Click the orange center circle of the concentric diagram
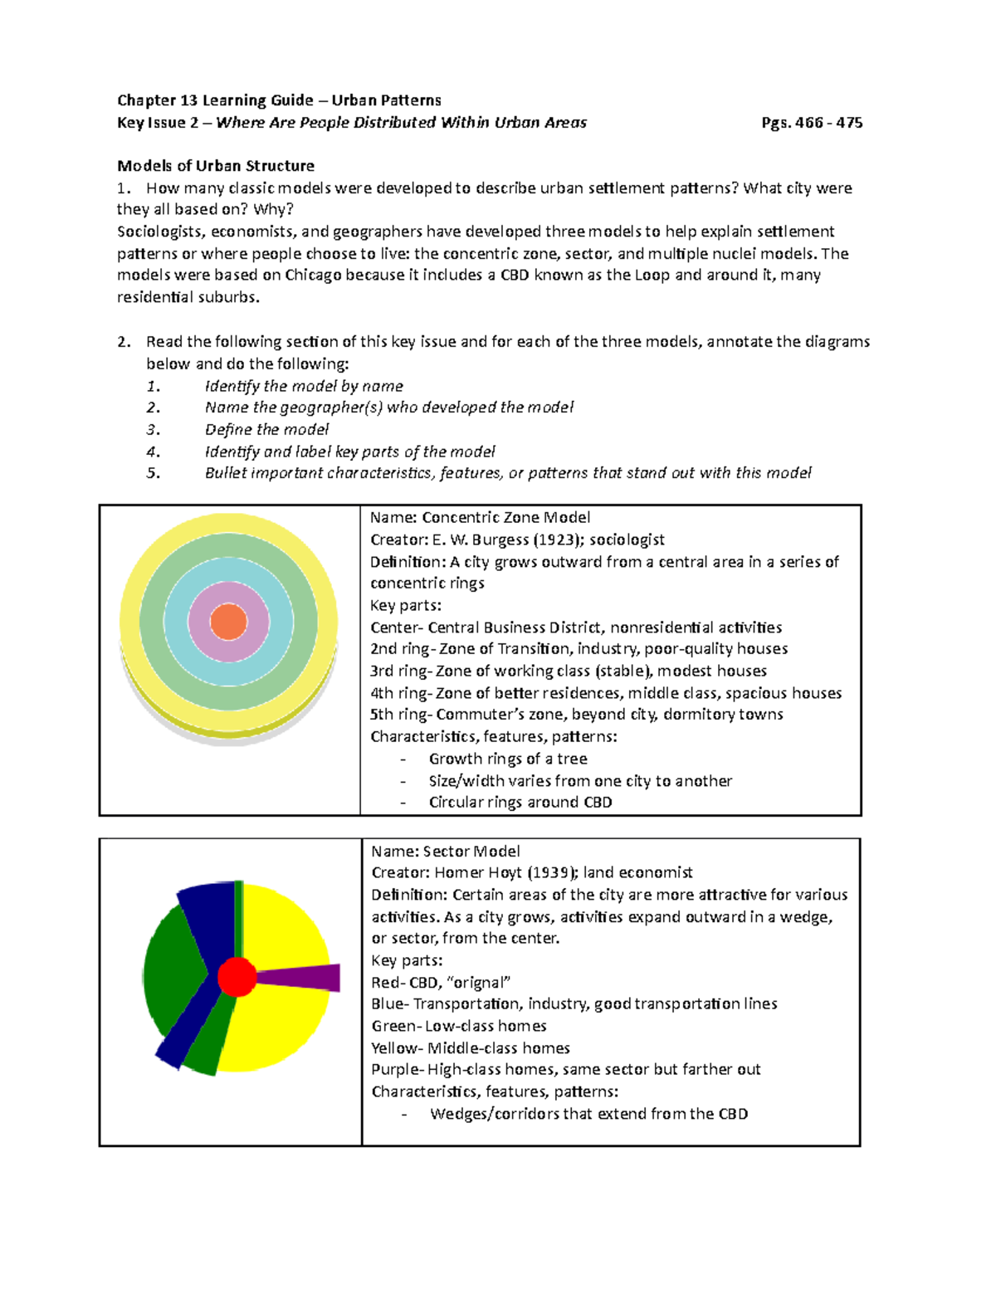pos(228,622)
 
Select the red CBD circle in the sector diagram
pos(237,976)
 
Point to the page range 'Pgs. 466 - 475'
pos(812,123)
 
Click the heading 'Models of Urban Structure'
pos(216,166)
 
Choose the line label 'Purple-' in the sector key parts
pos(398,1069)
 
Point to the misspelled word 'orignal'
pos(478,983)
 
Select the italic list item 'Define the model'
pos(266,430)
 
